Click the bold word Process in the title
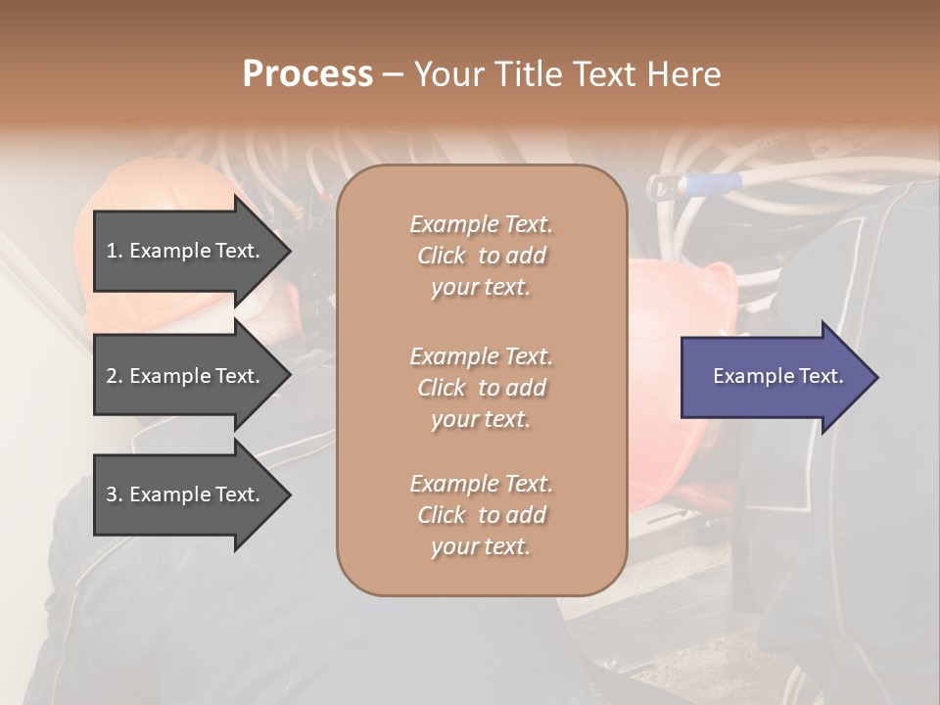(307, 74)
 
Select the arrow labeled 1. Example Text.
(186, 251)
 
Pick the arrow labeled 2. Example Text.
(186, 376)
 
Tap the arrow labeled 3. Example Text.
(186, 494)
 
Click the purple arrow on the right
(774, 377)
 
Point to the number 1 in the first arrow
(112, 251)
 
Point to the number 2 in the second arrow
(112, 376)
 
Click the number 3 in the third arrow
(112, 494)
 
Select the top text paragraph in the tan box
(481, 256)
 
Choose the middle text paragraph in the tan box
(481, 387)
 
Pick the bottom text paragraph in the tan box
(481, 515)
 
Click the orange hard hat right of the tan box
(676, 294)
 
